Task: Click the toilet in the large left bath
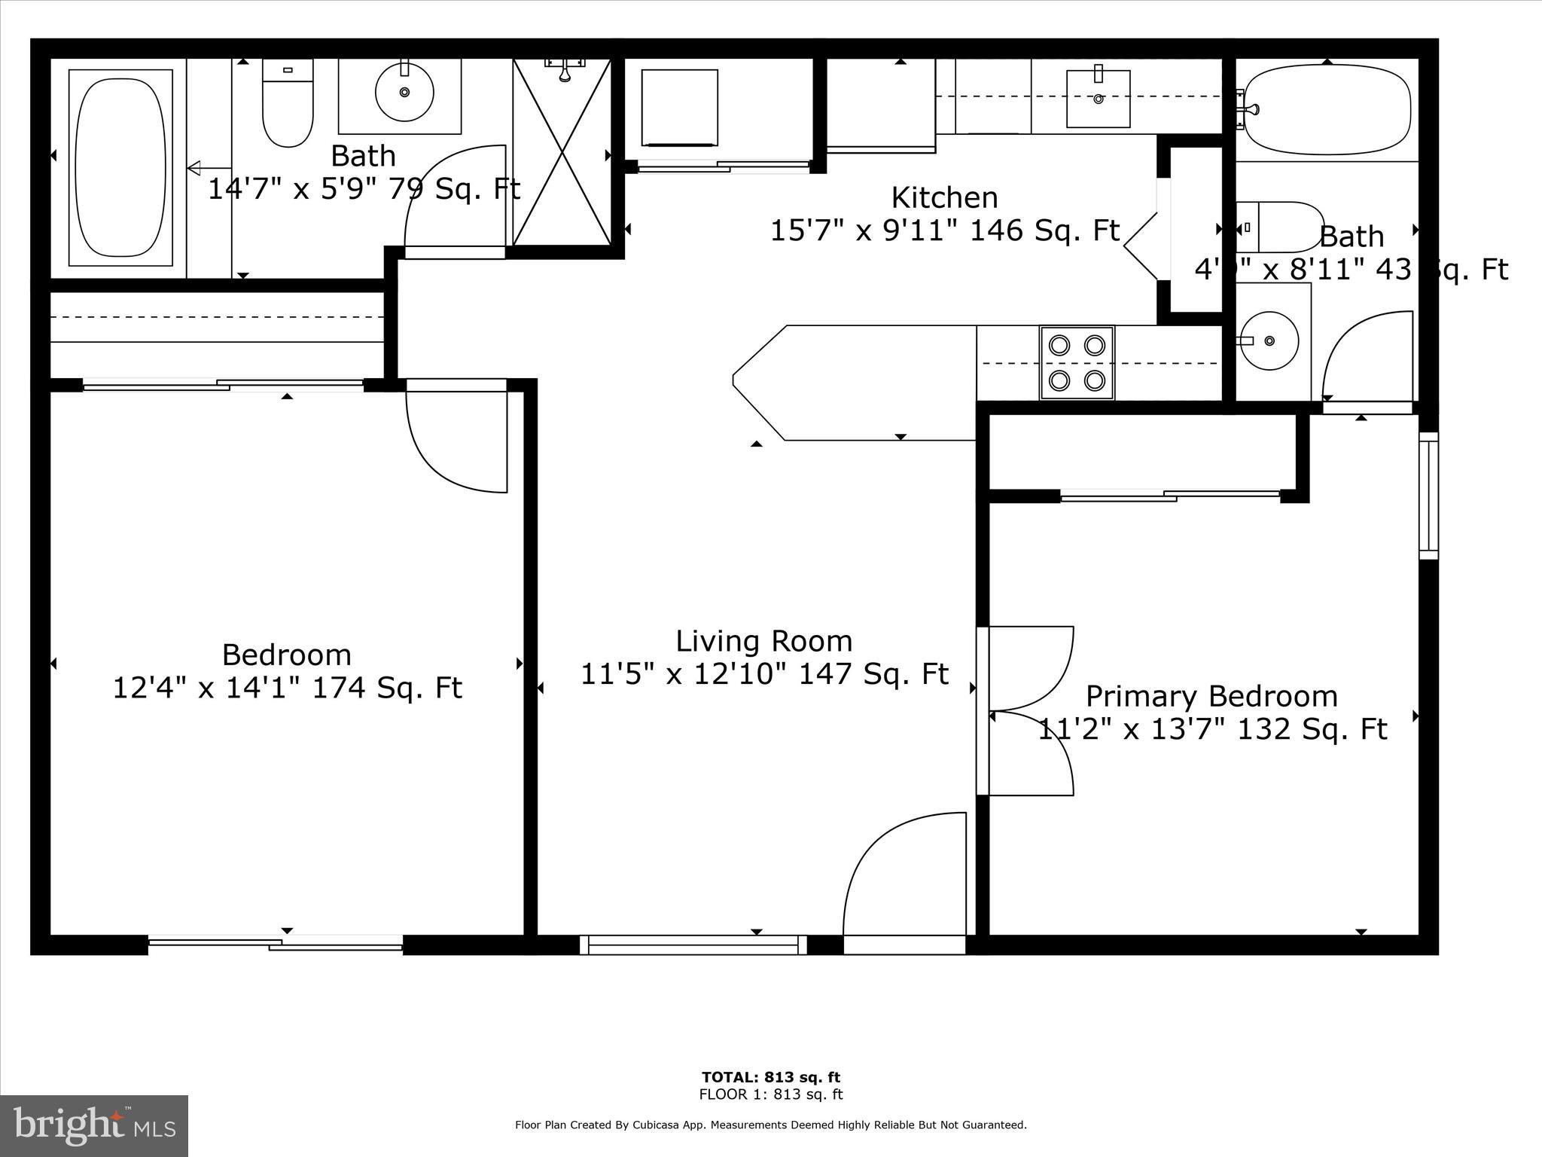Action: (288, 105)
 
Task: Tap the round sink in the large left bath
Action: (404, 92)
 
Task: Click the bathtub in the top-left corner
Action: (120, 167)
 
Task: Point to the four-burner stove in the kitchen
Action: (1077, 363)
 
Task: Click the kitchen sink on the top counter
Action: (1099, 98)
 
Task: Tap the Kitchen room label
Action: (944, 198)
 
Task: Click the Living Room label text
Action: (763, 642)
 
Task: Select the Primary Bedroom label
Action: (1211, 697)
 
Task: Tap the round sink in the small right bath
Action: (1269, 341)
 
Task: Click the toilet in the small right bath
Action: (1280, 227)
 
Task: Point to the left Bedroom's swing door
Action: (456, 437)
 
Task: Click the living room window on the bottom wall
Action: (693, 945)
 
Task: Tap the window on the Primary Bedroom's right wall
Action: (1428, 495)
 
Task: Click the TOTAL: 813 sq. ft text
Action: (770, 1077)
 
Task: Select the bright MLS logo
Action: (94, 1125)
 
